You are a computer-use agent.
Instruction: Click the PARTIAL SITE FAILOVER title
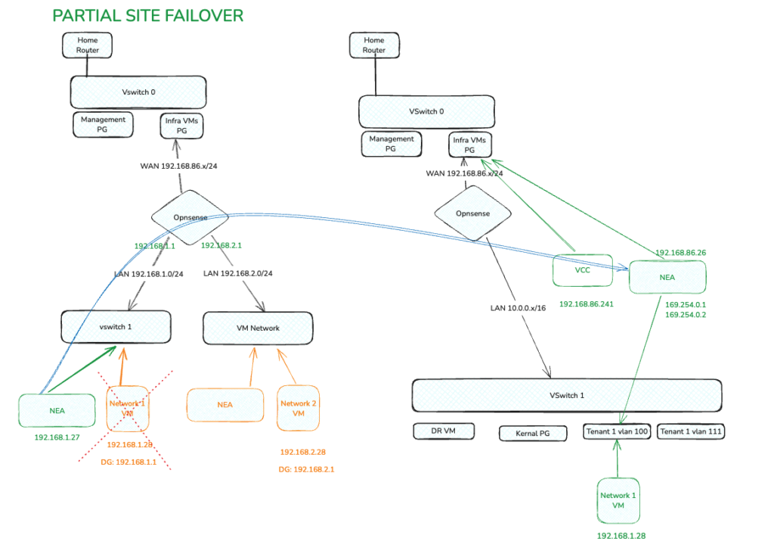pyautogui.click(x=147, y=16)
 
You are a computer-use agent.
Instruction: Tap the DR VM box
pyautogui.click(x=444, y=431)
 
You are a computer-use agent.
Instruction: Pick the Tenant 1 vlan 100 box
pyautogui.click(x=618, y=431)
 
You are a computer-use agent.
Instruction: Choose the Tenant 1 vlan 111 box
pyautogui.click(x=691, y=431)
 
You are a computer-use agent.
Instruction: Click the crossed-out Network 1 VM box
pyautogui.click(x=127, y=409)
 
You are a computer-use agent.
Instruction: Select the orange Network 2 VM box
pyautogui.click(x=298, y=409)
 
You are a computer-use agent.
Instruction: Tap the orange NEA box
pyautogui.click(x=225, y=405)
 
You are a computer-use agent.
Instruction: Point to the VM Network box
pyautogui.click(x=259, y=328)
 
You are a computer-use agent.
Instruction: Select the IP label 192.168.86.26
pyautogui.click(x=680, y=252)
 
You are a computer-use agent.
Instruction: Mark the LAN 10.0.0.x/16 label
pyautogui.click(x=519, y=309)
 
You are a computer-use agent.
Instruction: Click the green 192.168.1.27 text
pyautogui.click(x=57, y=437)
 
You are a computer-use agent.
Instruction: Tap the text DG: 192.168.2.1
pyautogui.click(x=307, y=469)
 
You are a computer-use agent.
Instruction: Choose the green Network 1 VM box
pyautogui.click(x=618, y=500)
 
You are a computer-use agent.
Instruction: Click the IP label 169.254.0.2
pyautogui.click(x=686, y=315)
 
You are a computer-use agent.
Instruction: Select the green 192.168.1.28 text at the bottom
pyautogui.click(x=620, y=536)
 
